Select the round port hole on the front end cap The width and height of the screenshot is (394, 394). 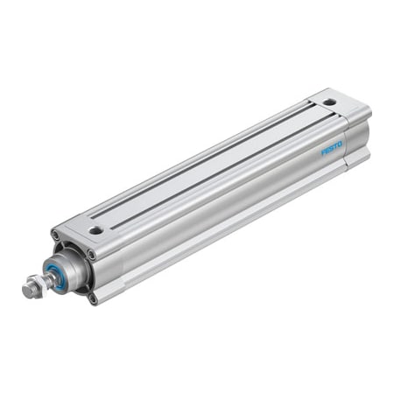point(95,230)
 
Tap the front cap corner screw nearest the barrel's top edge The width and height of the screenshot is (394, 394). point(90,255)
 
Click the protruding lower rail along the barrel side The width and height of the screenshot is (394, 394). point(228,229)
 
